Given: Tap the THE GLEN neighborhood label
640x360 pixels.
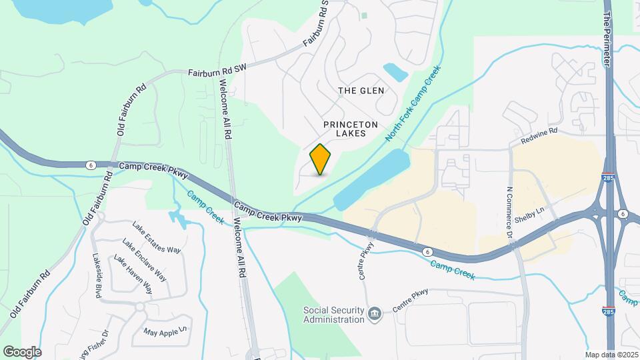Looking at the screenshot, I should [x=361, y=90].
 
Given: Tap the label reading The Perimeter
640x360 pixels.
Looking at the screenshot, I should [x=607, y=33].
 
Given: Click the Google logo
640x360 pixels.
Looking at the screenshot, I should [x=21, y=351].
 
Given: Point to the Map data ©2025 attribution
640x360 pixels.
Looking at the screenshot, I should [x=611, y=355].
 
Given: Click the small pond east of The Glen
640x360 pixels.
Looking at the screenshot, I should [x=395, y=71].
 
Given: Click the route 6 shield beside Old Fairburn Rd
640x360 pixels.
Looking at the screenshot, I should [x=91, y=165].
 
